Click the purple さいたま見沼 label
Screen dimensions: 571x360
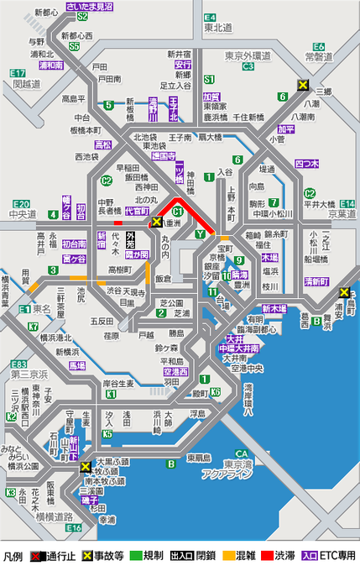(92, 6)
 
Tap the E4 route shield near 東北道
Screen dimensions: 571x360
(210, 17)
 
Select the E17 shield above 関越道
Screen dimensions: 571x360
(18, 74)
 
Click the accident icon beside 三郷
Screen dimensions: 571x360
(304, 85)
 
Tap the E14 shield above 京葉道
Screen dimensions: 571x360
(347, 204)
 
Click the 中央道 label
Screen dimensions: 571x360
(23, 214)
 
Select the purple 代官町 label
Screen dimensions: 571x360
(136, 212)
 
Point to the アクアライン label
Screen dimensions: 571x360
(222, 474)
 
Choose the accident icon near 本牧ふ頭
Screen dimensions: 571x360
(85, 467)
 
